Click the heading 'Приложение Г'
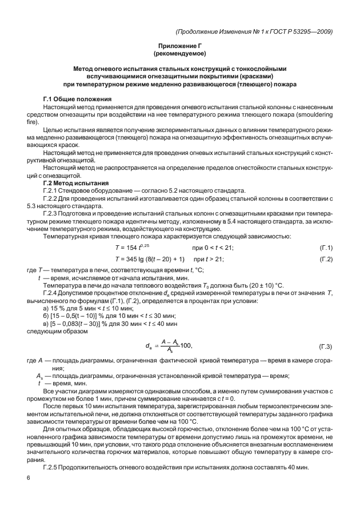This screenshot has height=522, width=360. [x=179, y=45]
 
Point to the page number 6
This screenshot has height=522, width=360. [x=28, y=477]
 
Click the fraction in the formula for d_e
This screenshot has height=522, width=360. [x=170, y=345]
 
